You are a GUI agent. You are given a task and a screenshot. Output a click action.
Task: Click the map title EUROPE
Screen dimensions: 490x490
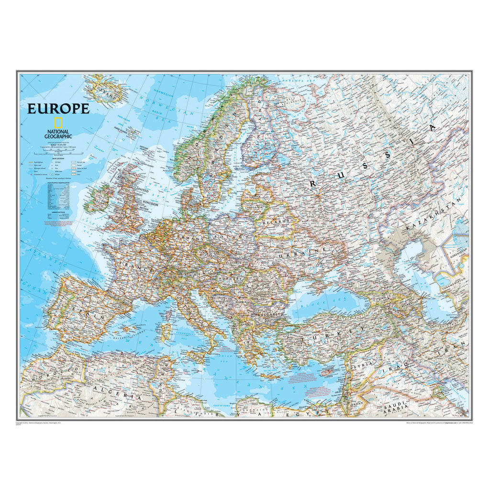[x=58, y=109]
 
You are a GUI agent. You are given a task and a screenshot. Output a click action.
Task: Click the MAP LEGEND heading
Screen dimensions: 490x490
[x=54, y=158]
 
